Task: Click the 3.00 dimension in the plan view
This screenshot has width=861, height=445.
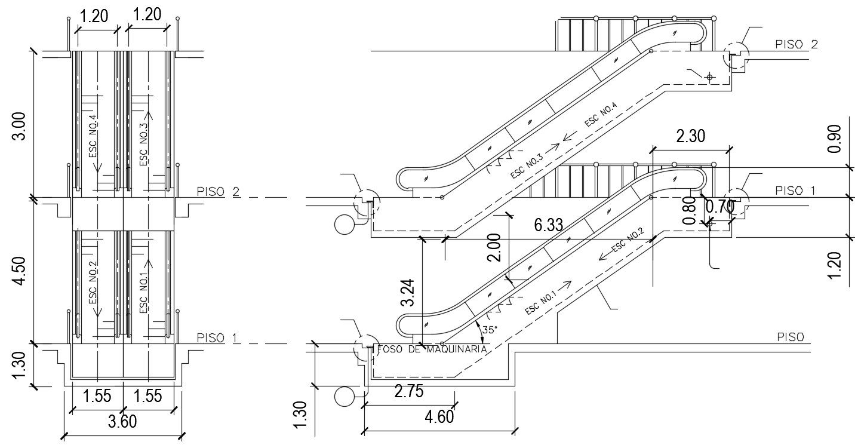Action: coord(19,126)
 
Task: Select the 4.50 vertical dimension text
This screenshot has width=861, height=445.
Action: coord(19,271)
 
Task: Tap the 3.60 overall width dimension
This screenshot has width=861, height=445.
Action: coord(122,422)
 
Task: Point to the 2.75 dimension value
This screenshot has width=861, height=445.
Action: coord(409,391)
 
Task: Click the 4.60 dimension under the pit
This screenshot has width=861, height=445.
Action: coord(439,416)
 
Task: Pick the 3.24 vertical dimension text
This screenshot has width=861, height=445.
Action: coord(408,292)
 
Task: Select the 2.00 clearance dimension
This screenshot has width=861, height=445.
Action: coord(494,247)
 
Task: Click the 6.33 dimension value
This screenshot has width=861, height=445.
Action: coord(549,225)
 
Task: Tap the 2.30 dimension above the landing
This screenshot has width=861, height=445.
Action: coord(690,136)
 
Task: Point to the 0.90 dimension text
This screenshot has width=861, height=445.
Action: coord(835,139)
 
